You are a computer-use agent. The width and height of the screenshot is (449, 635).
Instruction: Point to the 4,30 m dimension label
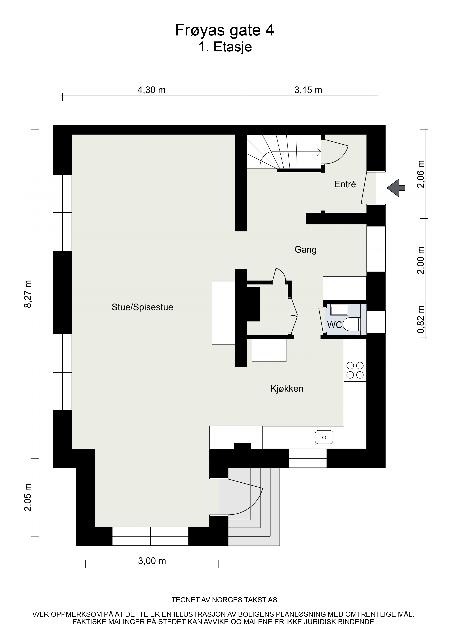[x=152, y=90]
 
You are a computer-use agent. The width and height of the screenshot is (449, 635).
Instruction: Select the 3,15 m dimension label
[x=308, y=90]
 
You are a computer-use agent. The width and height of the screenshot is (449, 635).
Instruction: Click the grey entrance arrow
[x=396, y=188]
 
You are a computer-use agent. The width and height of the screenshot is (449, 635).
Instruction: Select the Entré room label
[x=345, y=184]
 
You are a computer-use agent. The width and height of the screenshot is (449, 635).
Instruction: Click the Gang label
[x=305, y=250]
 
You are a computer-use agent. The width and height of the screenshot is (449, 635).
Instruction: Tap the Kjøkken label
[x=287, y=389]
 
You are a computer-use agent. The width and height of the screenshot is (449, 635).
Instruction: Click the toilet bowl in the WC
[x=352, y=324]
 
